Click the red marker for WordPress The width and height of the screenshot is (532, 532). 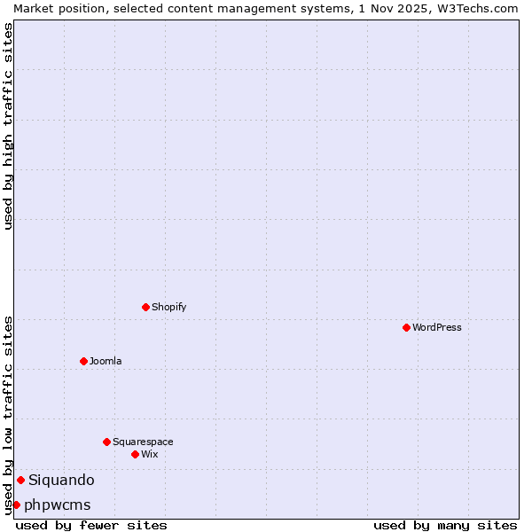406,327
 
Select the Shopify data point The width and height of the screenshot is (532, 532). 145,307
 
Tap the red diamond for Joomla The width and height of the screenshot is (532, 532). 83,361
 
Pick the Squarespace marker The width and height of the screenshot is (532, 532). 106,442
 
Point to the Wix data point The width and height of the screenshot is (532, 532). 135,454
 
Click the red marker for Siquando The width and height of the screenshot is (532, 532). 20,480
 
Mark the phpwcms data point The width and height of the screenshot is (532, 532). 16,505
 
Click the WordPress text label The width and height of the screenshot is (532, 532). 437,327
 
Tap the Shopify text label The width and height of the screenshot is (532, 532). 169,307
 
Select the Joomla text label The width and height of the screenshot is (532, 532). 106,361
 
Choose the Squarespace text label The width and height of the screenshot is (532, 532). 143,442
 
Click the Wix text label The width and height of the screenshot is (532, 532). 150,454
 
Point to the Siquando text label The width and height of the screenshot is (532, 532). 61,480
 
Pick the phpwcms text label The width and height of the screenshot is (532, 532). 58,505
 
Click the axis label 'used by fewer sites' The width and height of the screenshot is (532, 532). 91,525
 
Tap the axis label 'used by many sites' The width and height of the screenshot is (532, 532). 445,525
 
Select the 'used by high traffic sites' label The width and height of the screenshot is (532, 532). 8,126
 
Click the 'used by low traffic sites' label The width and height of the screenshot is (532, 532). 8,414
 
